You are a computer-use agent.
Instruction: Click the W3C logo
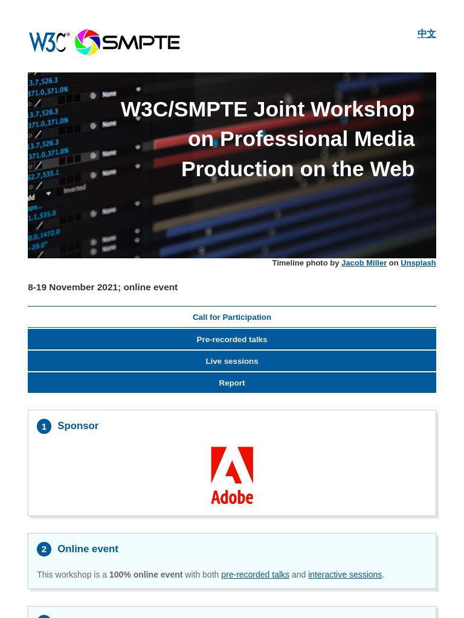49,42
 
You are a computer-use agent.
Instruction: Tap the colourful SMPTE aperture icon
87,42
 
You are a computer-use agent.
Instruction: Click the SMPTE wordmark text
141,43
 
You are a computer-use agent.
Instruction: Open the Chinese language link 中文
427,34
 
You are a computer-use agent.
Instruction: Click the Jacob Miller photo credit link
364,263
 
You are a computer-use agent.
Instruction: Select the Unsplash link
418,263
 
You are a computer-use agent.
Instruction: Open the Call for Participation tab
232,317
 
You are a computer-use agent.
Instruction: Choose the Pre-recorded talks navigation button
232,339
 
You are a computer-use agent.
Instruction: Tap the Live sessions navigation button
232,361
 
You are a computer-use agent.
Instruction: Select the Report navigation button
232,383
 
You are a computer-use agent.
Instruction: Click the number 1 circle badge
44,427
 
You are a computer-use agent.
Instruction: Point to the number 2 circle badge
44,549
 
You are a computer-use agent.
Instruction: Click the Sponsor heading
78,425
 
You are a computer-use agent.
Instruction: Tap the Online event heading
88,549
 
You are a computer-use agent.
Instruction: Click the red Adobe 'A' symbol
232,465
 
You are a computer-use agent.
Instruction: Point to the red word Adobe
232,497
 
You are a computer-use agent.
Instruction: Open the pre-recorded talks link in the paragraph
256,575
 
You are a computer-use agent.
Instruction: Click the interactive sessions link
345,575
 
